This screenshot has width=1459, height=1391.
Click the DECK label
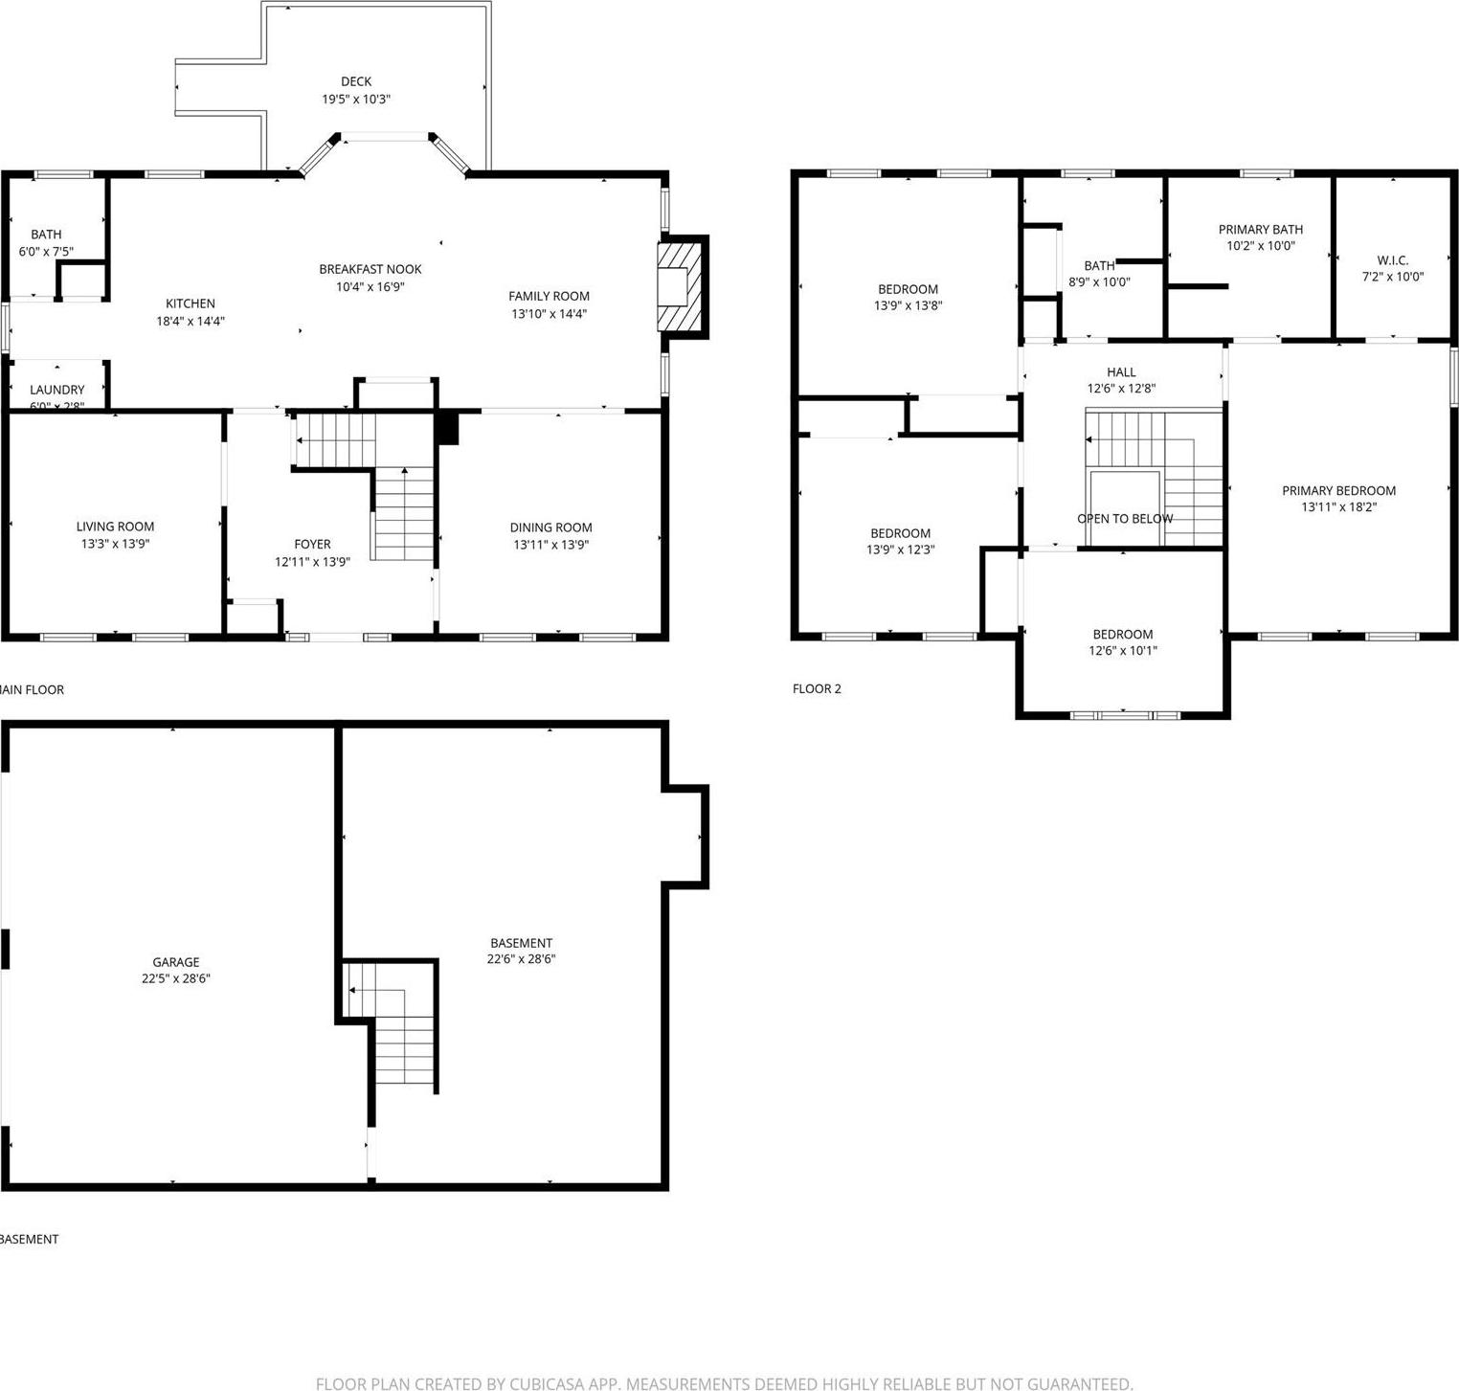[355, 81]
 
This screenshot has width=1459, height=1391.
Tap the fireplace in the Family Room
[680, 286]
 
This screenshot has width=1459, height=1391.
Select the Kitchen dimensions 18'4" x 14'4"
[191, 322]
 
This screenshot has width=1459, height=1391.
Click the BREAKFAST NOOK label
[370, 269]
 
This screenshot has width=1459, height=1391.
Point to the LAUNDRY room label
[56, 390]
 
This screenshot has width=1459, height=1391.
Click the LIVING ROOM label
[115, 527]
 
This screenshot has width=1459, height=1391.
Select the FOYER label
[312, 544]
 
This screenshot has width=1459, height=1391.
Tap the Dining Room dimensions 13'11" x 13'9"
[550, 545]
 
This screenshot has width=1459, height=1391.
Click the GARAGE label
[176, 962]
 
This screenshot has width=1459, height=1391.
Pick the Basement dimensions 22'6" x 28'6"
[521, 959]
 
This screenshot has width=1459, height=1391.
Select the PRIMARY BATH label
[1260, 229]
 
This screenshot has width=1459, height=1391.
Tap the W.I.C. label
[1392, 260]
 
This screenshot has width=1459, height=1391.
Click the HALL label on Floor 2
[1121, 372]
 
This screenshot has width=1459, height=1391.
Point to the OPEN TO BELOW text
[1125, 519]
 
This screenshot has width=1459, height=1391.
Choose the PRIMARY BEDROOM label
[1338, 491]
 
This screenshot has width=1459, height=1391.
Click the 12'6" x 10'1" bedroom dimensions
[1122, 651]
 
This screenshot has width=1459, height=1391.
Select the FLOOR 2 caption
[817, 688]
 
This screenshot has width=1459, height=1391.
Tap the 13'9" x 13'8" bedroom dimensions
[908, 306]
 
